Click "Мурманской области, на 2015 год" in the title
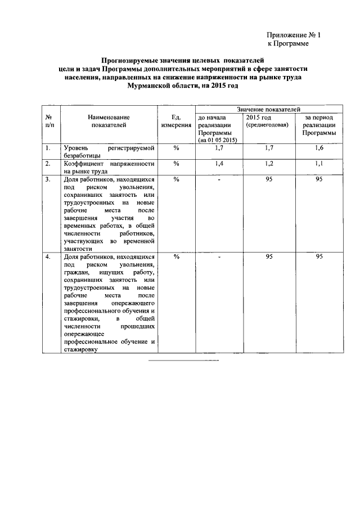pos(183,86)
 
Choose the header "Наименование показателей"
pos(109,121)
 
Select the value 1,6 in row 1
pos(319,147)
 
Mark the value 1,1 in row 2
pos(319,163)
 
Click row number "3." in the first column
pos(49,179)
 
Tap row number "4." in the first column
pos(49,257)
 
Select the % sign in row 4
pos(176,257)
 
